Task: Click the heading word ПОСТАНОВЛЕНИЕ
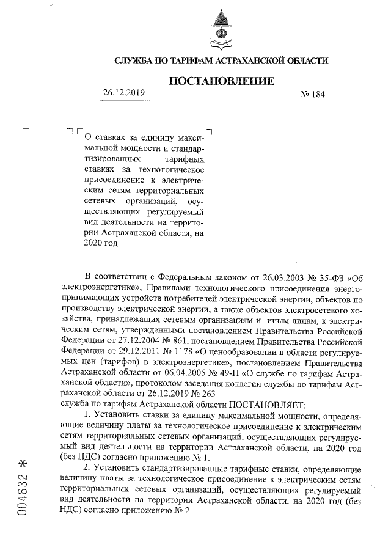pyautogui.click(x=221, y=81)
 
